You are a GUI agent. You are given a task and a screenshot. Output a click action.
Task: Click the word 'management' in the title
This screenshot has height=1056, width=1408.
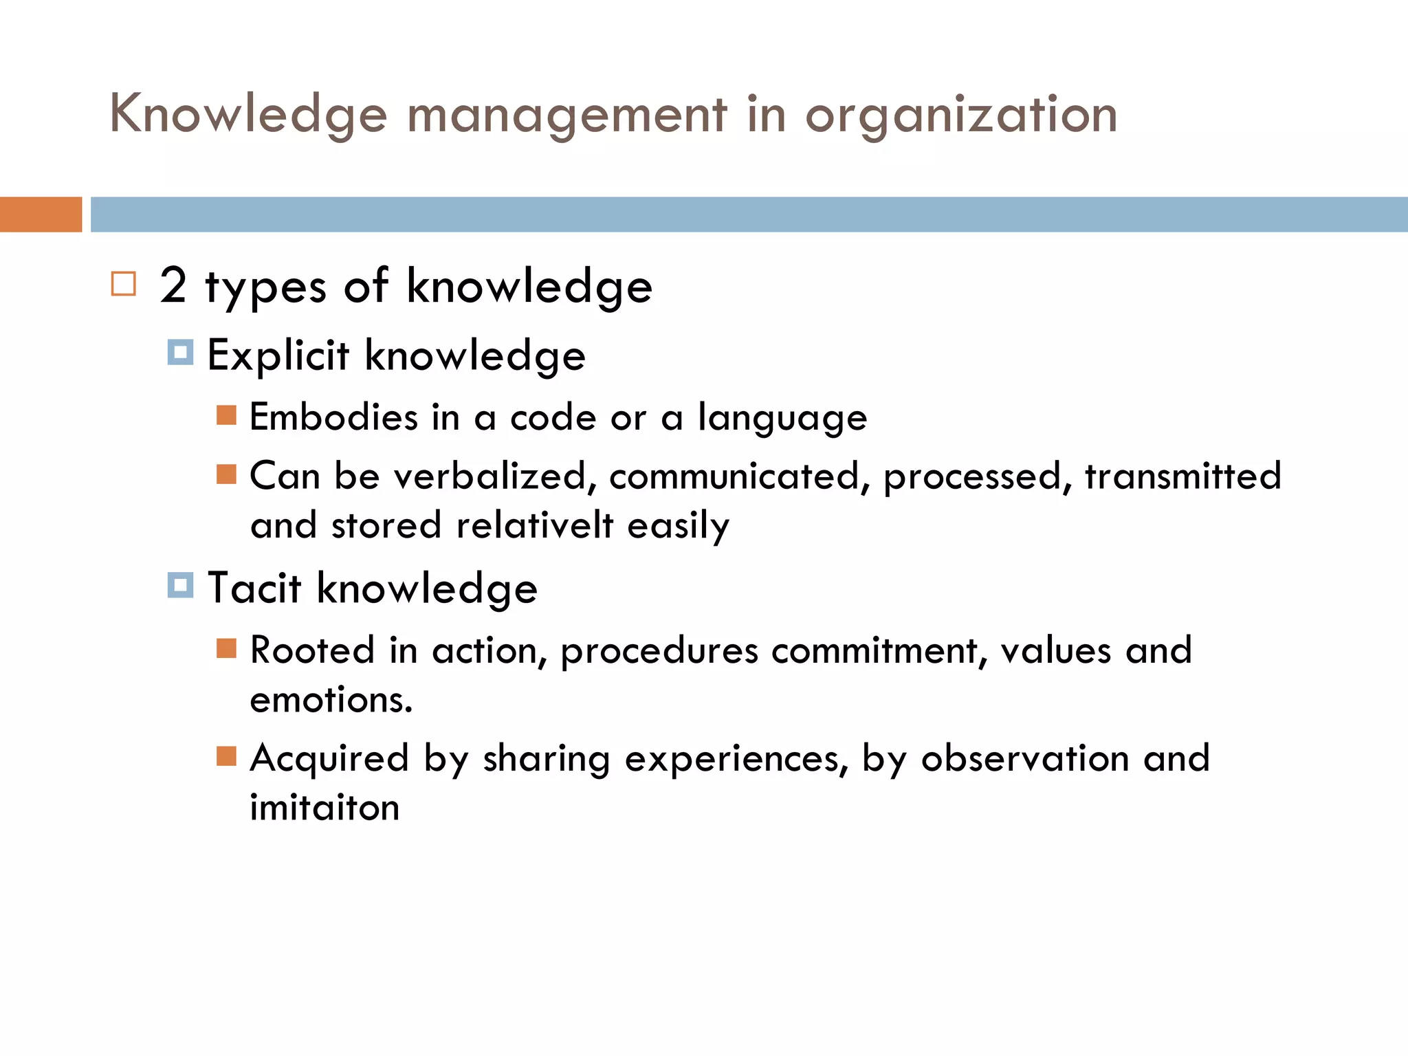[566, 115]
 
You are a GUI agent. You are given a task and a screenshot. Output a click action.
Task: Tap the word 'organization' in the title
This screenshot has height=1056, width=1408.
[961, 115]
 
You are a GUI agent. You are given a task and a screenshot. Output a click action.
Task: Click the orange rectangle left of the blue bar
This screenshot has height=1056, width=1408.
[41, 214]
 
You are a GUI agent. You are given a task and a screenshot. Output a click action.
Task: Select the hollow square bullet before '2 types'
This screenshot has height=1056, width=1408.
[124, 284]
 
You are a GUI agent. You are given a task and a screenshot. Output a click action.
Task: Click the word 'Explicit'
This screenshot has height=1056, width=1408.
[278, 356]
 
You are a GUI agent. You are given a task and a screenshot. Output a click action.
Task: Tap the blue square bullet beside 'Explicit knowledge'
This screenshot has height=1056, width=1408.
[180, 353]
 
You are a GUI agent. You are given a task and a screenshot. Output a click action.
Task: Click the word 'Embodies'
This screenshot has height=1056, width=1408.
[333, 417]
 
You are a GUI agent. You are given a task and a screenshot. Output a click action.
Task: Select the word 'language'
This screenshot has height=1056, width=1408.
[782, 417]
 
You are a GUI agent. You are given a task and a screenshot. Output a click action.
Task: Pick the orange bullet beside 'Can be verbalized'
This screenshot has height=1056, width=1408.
[226, 474]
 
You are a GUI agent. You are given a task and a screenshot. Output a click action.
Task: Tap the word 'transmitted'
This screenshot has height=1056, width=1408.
[1182, 476]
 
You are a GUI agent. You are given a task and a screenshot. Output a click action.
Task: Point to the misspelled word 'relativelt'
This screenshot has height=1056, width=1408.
[534, 526]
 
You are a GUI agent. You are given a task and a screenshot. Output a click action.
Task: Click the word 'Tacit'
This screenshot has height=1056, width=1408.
[254, 588]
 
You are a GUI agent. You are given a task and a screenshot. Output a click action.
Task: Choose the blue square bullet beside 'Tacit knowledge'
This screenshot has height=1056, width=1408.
[180, 586]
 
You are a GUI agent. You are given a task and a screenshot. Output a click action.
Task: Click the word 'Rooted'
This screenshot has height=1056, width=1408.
[312, 650]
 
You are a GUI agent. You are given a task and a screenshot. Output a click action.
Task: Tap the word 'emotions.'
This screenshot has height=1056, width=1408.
[331, 700]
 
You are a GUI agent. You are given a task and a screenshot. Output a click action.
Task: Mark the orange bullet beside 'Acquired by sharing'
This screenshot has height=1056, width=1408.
[226, 756]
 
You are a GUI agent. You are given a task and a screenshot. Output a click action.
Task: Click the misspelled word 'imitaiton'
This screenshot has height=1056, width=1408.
[324, 808]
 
